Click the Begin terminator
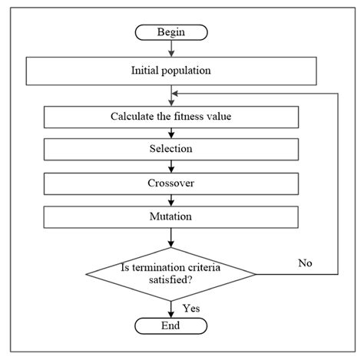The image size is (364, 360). coord(170,32)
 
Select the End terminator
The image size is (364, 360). coord(170,325)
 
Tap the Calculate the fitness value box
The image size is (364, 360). coord(170,117)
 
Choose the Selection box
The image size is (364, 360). coord(170,150)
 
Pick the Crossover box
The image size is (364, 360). coord(170,183)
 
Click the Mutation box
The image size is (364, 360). coord(170,216)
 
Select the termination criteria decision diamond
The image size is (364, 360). coord(170,273)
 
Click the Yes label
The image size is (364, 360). coord(191,308)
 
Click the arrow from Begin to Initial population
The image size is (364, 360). coord(170,49)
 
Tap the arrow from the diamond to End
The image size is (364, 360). coord(170,308)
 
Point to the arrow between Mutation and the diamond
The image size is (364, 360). coord(170,238)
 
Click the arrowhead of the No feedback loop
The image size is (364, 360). coord(176,94)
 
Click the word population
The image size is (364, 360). coord(190,72)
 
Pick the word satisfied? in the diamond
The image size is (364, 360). coord(170,281)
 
